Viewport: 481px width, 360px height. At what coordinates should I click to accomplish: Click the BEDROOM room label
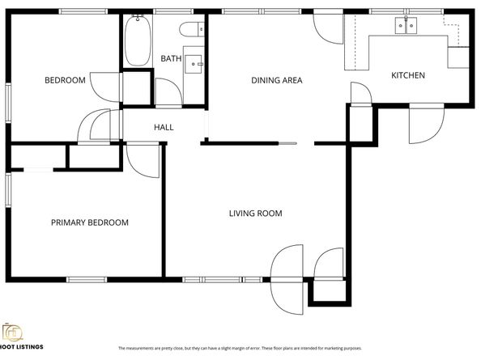(65, 80)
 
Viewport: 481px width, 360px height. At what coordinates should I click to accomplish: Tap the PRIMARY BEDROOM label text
(90, 222)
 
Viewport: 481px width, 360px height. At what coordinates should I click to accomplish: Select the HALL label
(164, 127)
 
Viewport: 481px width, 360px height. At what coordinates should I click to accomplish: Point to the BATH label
(171, 58)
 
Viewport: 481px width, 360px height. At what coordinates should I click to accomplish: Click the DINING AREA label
(276, 80)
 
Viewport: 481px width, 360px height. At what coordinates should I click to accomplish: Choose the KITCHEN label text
(408, 75)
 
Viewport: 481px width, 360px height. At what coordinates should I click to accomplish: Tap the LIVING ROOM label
(255, 214)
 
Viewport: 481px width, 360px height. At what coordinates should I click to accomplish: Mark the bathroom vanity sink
(194, 62)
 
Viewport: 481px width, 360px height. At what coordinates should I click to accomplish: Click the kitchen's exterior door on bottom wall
(425, 121)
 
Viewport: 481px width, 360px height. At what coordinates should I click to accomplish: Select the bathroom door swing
(168, 91)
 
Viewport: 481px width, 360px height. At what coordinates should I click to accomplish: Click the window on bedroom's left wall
(8, 103)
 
